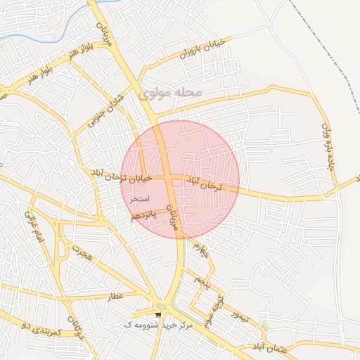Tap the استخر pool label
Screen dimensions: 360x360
point(139,199)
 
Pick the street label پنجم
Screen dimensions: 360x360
point(202,283)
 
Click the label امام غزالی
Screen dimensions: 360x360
point(34,226)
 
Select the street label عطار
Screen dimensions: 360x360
point(116,297)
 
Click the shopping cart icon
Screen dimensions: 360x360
point(159,314)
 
